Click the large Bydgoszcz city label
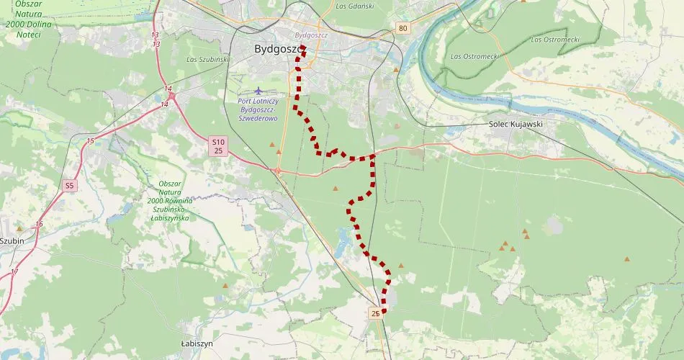click(279, 49)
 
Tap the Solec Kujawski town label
click(516, 124)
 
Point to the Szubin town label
click(13, 241)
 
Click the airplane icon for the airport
click(258, 90)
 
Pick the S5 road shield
click(69, 186)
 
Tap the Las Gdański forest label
click(355, 6)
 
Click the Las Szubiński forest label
click(207, 59)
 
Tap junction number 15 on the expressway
click(91, 140)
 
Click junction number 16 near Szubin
click(39, 225)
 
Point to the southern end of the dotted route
click(383, 311)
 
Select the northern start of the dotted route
click(303, 48)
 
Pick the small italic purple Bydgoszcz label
click(311, 34)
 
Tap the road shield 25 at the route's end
click(375, 313)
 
